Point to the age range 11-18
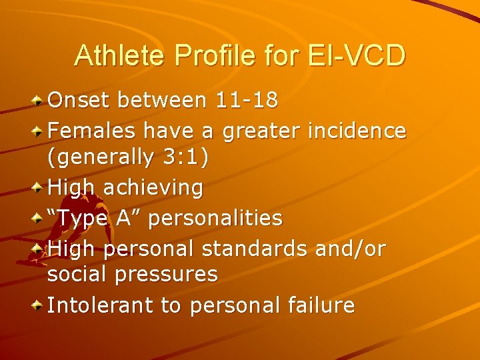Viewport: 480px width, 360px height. click(x=247, y=101)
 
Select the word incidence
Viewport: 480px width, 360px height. click(x=357, y=131)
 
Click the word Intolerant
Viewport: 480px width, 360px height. click(x=102, y=305)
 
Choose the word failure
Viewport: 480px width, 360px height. click(x=319, y=305)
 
